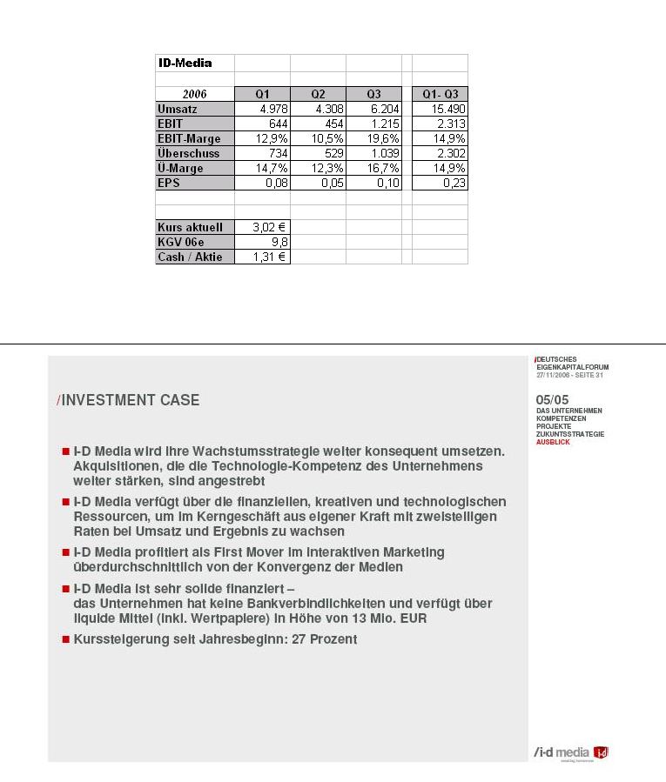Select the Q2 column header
pyautogui.click(x=318, y=94)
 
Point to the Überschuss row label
pyautogui.click(x=189, y=153)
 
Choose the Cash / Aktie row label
pyautogui.click(x=190, y=257)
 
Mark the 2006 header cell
pyautogui.click(x=195, y=94)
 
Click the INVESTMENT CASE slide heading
pyautogui.click(x=130, y=400)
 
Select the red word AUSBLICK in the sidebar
pyautogui.click(x=553, y=443)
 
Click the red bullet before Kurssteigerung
pyautogui.click(x=65, y=639)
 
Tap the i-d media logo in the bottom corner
pyautogui.click(x=571, y=752)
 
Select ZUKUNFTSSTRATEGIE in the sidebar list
pyautogui.click(x=570, y=434)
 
